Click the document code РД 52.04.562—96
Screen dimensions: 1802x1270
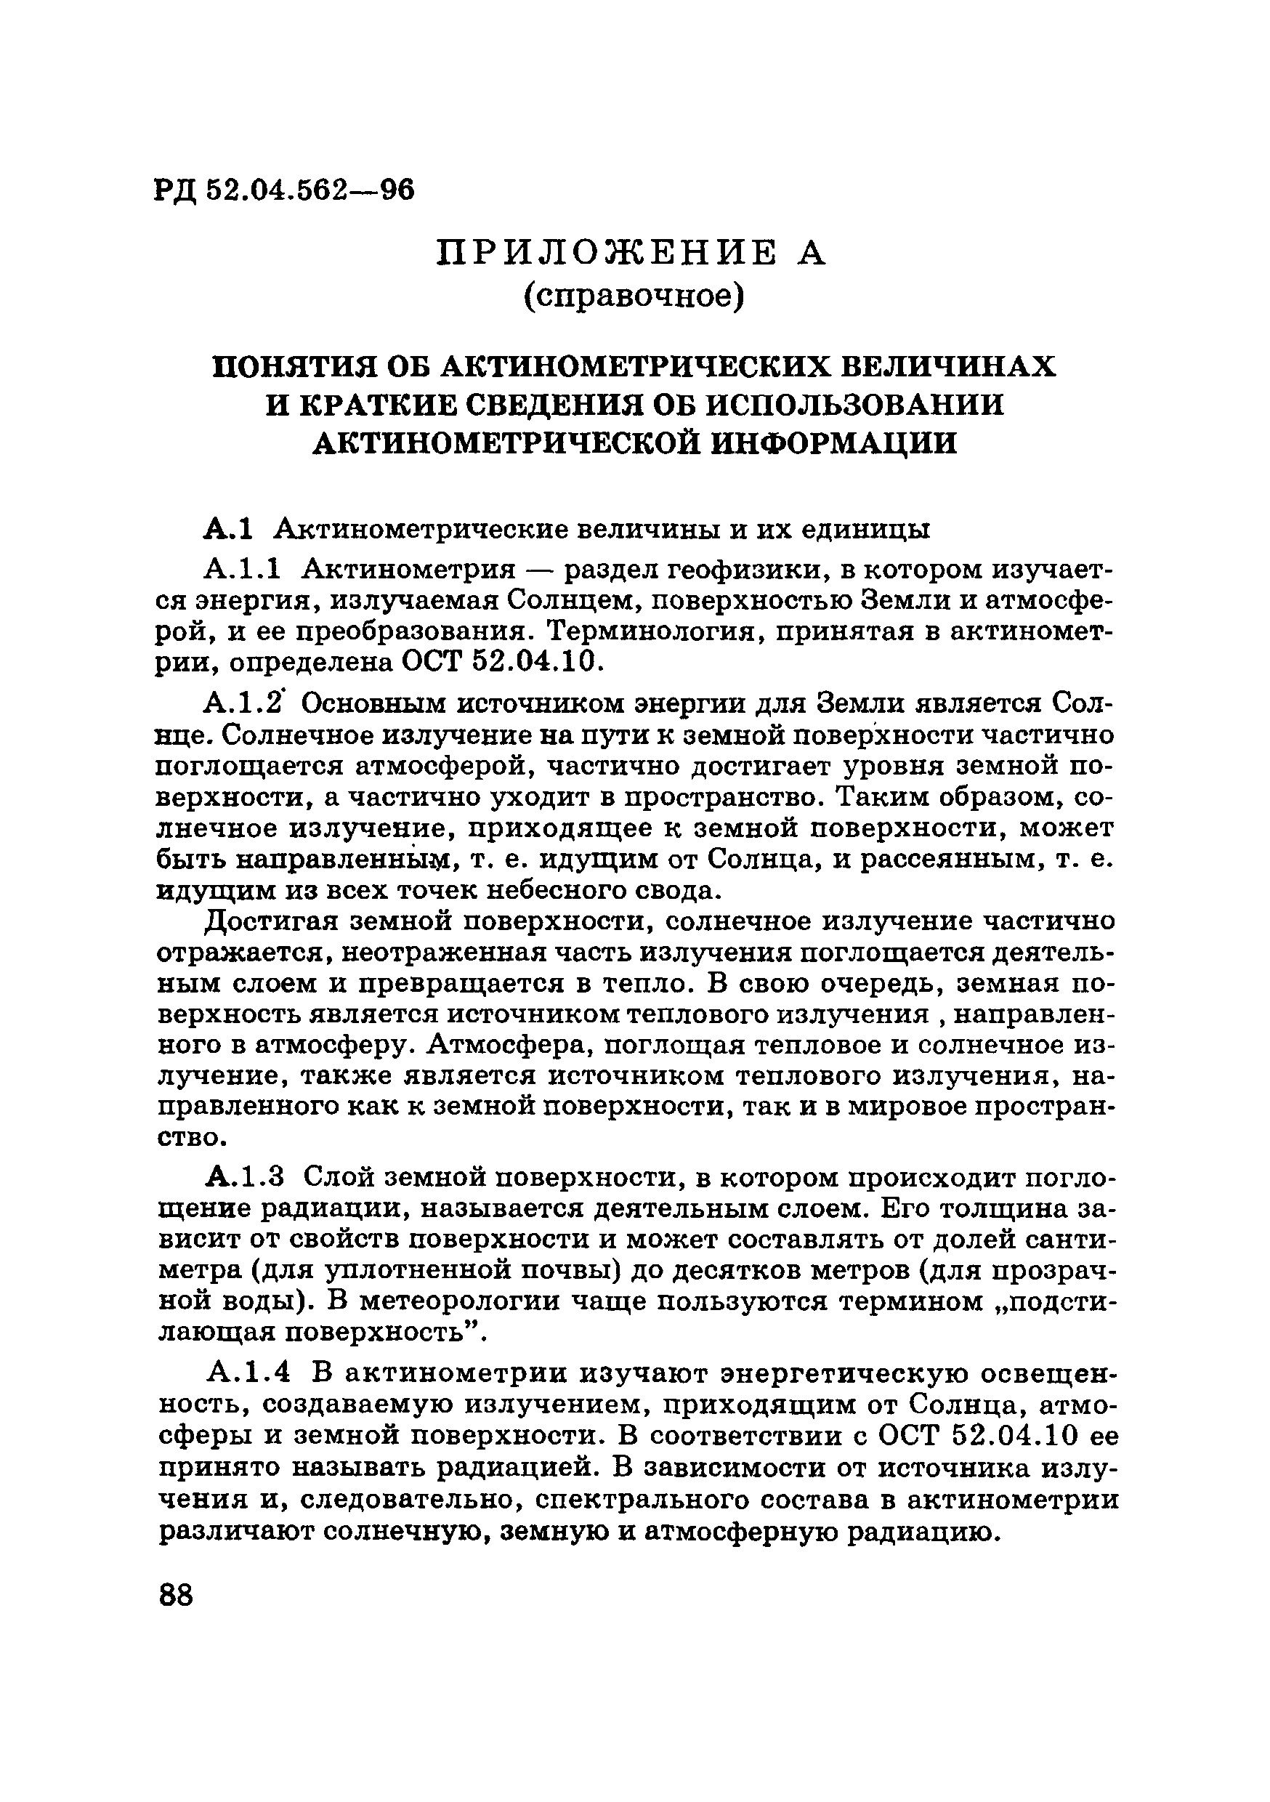click(x=283, y=190)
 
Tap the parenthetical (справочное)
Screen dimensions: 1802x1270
click(x=634, y=295)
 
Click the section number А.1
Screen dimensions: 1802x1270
click(x=227, y=530)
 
